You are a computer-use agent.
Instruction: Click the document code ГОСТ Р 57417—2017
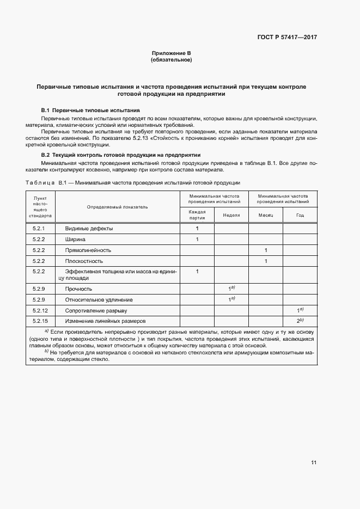[x=286, y=38]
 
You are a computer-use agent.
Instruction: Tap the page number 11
[x=314, y=463]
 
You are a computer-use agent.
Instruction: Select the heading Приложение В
[x=171, y=53]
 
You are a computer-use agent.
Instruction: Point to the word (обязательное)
[x=171, y=60]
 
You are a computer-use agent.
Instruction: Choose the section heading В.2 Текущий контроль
[x=121, y=155]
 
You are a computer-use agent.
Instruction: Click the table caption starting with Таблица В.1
[x=133, y=182]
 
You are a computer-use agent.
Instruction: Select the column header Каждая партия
[x=197, y=214]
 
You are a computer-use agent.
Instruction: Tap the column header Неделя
[x=231, y=215]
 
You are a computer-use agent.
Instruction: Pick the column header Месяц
[x=265, y=215]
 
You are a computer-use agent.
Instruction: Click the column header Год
[x=300, y=215]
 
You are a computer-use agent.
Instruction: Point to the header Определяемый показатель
[x=117, y=207]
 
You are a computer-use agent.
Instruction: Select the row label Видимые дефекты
[x=89, y=229]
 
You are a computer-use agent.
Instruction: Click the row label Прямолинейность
[x=88, y=250]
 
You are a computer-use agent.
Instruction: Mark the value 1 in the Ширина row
[x=197, y=240]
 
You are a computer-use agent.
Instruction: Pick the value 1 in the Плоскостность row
[x=265, y=261]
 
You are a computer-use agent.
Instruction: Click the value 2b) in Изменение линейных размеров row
[x=300, y=321]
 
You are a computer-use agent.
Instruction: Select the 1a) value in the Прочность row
[x=231, y=289]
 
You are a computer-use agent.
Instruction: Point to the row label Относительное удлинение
[x=99, y=300]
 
